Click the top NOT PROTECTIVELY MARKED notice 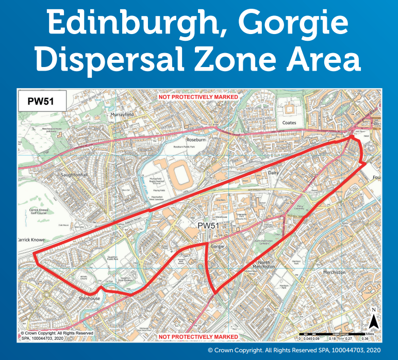[x=198, y=97]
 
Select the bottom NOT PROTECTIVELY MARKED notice [x=198, y=337]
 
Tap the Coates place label [x=289, y=123]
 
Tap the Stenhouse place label [x=90, y=299]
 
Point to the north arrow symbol [x=375, y=323]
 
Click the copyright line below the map [x=300, y=350]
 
